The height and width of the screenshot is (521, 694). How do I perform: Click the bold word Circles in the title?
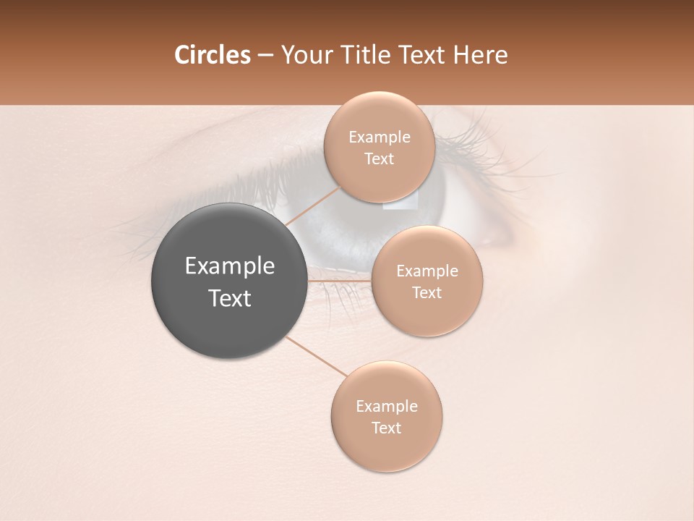coord(212,55)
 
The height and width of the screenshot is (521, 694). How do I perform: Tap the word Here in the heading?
coord(481,55)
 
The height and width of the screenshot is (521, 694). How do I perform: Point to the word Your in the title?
coord(302,55)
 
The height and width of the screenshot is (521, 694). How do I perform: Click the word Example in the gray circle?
coord(230,267)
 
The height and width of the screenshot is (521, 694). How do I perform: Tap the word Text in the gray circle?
coord(230,298)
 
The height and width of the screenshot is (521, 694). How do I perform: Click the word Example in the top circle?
coord(380,137)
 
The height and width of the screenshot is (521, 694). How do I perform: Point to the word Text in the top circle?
coord(379,159)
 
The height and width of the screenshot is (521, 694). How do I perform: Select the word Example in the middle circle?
coord(427,271)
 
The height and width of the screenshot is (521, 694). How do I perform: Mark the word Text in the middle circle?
coord(427,293)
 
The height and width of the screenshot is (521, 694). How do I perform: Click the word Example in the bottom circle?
coord(387,407)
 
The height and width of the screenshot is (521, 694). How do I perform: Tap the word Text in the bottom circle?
coord(386,428)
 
